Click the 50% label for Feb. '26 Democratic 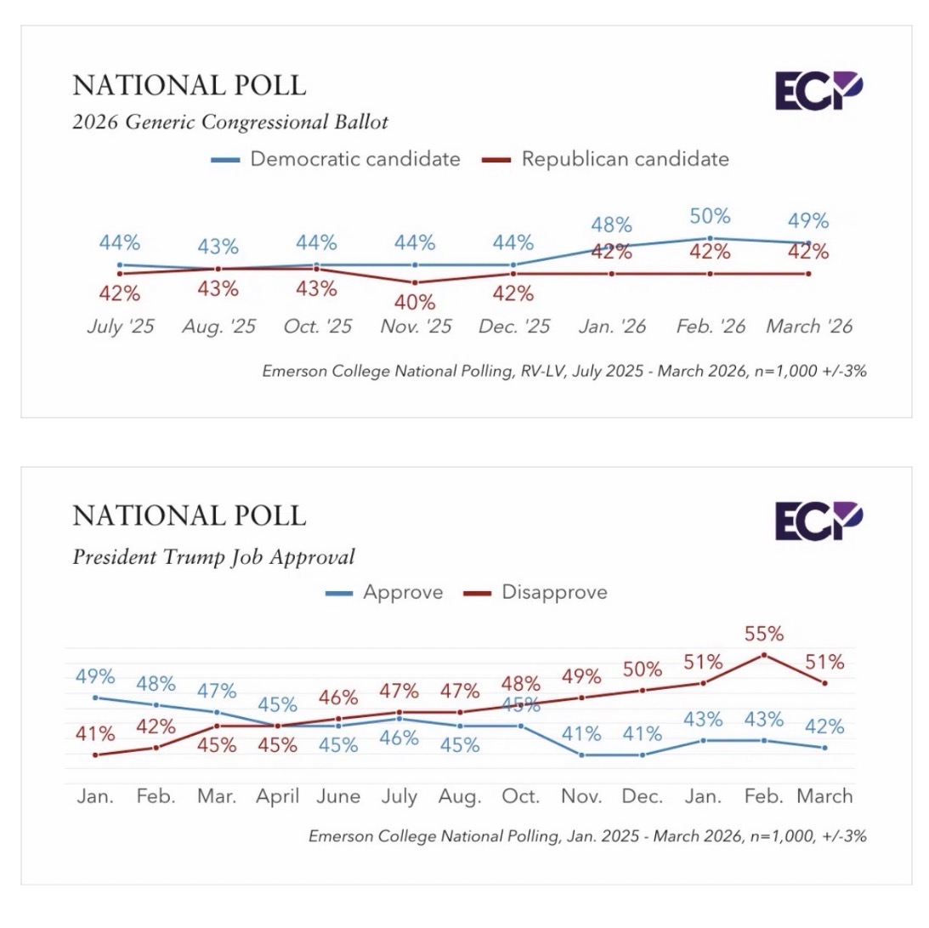tap(710, 216)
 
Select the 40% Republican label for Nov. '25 tap(415, 302)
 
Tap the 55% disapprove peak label tap(764, 634)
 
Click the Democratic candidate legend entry tap(336, 159)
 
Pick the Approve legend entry tap(384, 592)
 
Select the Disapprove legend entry tap(535, 592)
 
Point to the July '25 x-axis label tap(120, 327)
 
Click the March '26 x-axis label tap(808, 327)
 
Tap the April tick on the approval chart tap(278, 797)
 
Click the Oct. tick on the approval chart tap(520, 797)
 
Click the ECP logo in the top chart tap(819, 91)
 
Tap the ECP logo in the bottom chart tap(819, 521)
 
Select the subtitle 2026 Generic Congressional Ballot tap(230, 122)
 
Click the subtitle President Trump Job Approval tap(213, 558)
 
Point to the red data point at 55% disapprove tap(764, 655)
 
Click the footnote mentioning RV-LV tap(564, 371)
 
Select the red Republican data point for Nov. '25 tap(415, 282)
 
